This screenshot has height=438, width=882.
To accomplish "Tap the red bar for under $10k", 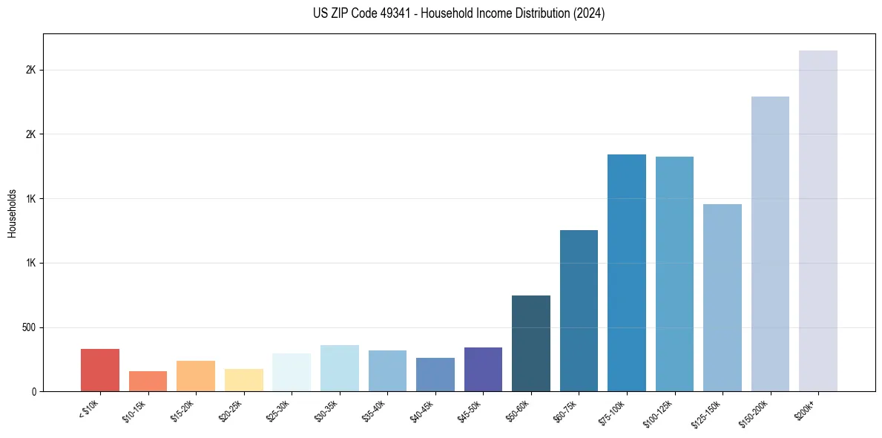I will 100,370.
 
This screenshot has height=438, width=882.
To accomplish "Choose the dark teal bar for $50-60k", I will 530,344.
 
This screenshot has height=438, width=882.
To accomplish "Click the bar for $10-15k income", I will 148,382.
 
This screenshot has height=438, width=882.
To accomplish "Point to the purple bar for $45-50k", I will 483,370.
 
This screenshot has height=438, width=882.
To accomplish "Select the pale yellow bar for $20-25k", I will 243,380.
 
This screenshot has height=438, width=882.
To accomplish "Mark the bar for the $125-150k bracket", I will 722,298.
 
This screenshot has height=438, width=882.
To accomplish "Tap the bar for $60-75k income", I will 579,311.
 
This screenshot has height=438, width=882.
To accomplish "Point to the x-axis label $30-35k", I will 327,409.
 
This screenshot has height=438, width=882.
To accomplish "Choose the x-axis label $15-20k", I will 183,409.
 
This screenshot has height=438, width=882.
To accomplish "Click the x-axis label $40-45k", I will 423,409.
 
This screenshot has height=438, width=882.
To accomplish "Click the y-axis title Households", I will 12,212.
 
